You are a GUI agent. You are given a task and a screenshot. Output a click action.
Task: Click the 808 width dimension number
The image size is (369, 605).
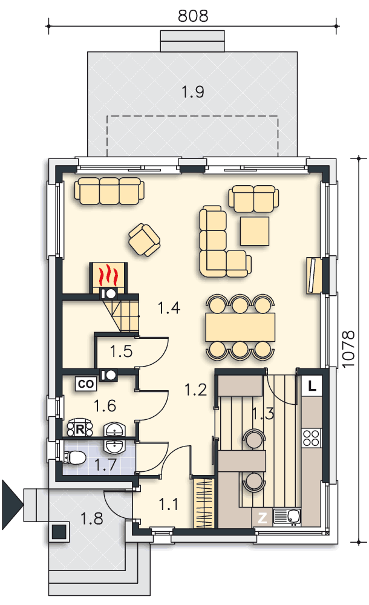(x=192, y=16)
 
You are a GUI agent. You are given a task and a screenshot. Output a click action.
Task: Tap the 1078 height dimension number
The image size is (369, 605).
(x=348, y=349)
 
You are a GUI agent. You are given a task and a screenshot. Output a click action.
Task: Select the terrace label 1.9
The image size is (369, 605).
(x=192, y=92)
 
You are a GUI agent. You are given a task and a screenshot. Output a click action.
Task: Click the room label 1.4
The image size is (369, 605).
(x=169, y=308)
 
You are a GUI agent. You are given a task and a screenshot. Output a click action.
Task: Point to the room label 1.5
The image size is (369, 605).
(x=121, y=352)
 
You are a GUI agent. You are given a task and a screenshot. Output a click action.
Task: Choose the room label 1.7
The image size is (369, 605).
(x=106, y=465)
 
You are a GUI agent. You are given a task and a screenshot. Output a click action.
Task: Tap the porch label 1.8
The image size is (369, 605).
(x=92, y=519)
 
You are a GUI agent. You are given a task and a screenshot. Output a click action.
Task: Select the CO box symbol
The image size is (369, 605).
(x=86, y=384)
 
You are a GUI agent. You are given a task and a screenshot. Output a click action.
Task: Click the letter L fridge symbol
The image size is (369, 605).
(x=312, y=385)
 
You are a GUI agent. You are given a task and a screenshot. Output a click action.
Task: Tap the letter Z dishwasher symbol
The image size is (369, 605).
(x=262, y=517)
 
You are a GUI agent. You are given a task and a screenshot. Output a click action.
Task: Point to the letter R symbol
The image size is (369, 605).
(x=80, y=429)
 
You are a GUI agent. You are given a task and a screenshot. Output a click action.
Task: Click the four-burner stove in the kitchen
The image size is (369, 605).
(x=311, y=438)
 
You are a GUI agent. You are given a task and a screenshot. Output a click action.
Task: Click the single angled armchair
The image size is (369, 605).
(x=145, y=240)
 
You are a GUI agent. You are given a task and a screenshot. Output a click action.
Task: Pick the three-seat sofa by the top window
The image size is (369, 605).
(x=109, y=191)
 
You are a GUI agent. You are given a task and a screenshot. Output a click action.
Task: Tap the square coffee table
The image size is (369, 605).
(x=255, y=231)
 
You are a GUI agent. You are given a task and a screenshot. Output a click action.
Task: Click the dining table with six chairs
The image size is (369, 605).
(x=240, y=327)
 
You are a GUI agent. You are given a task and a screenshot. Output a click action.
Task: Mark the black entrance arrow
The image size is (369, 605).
(x=13, y=505)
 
